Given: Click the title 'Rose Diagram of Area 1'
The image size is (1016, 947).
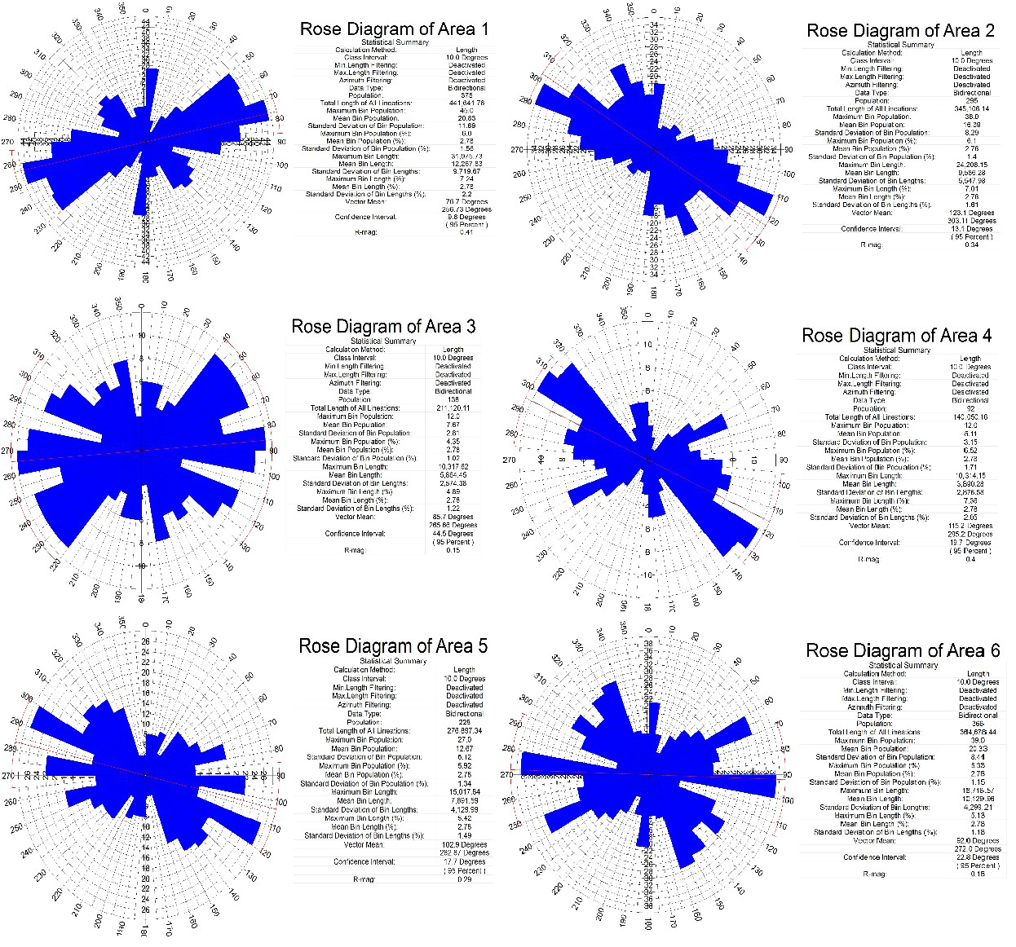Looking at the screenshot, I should (395, 29).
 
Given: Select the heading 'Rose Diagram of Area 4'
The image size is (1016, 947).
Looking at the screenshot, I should (896, 336).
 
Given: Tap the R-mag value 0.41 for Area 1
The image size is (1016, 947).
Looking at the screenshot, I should (466, 232).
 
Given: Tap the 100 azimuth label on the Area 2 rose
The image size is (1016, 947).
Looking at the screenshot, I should (788, 174).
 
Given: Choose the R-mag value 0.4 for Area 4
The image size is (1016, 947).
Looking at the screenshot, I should (970, 559).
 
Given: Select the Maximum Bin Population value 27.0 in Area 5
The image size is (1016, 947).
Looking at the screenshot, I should (464, 740).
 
